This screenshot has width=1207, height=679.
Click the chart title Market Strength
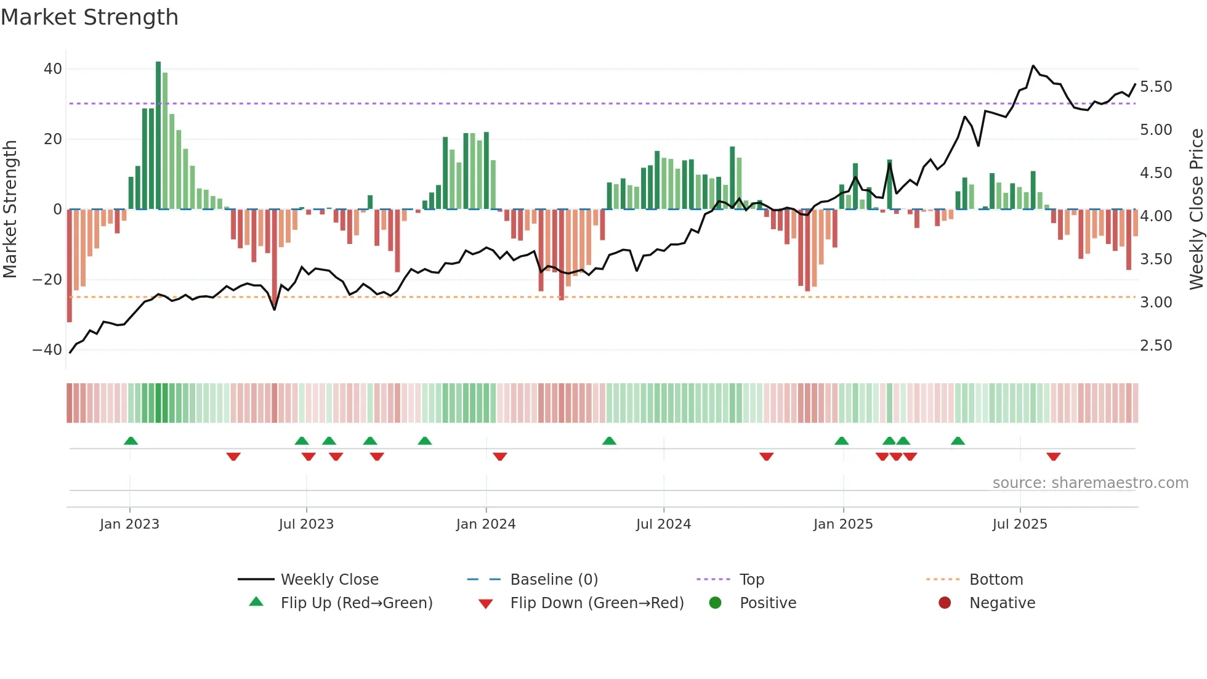(89, 17)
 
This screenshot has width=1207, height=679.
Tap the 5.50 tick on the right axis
(1155, 87)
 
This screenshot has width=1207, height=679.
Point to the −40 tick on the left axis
(47, 350)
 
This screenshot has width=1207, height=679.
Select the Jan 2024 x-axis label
(485, 524)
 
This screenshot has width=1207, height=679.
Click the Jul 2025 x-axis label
(1019, 524)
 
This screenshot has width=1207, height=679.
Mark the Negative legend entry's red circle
(944, 603)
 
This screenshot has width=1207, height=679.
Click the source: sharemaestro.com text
(1090, 483)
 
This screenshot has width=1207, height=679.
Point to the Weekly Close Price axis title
(1196, 209)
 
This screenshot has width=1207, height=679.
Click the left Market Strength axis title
(10, 209)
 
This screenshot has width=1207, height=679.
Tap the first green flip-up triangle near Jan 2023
(131, 441)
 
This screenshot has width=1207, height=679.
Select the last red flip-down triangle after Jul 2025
(1053, 457)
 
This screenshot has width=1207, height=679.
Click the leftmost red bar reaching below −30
(70, 265)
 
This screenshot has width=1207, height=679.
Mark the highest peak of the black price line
(1033, 66)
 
